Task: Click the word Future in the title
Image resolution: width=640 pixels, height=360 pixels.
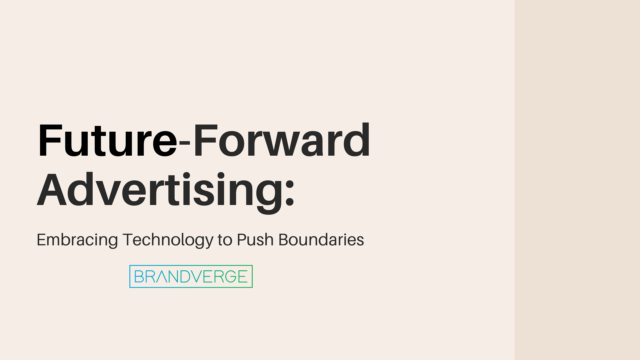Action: click(x=107, y=140)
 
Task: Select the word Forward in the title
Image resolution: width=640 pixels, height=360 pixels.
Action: click(x=282, y=140)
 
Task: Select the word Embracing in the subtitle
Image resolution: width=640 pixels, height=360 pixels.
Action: click(x=77, y=240)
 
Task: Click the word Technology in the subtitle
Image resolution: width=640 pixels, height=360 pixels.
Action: click(x=168, y=240)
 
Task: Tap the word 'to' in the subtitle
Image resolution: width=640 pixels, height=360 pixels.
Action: click(x=225, y=240)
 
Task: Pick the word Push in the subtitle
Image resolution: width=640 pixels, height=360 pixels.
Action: click(x=255, y=240)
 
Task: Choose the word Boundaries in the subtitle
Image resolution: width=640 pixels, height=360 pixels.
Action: click(x=321, y=240)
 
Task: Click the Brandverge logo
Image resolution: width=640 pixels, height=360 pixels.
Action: click(x=191, y=276)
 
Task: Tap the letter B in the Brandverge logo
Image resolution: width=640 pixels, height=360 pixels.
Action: click(x=139, y=276)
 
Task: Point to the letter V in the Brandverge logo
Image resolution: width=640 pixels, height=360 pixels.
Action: click(x=195, y=276)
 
